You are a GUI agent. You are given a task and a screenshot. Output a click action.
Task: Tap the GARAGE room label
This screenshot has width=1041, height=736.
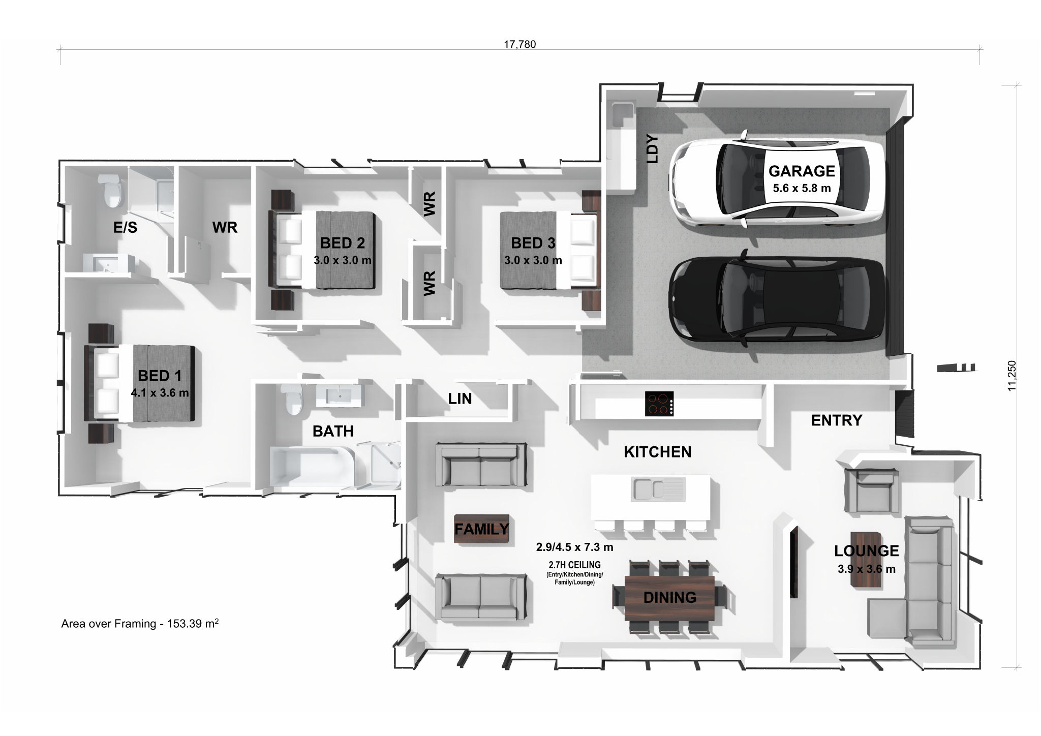coord(802,171)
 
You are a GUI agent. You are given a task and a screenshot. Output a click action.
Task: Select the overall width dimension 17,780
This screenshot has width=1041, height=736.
coord(519,44)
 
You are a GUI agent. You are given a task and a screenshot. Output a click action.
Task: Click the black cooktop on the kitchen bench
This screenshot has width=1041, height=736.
coord(659,404)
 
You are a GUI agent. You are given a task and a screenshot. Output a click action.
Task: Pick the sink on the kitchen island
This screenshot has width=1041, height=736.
coord(658,489)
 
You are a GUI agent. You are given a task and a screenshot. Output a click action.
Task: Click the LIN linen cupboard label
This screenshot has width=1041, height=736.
coord(460,399)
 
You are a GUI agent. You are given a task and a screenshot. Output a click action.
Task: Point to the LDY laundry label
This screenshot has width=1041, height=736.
coord(652,149)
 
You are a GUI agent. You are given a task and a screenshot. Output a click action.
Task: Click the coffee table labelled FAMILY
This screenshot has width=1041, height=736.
coord(481,529)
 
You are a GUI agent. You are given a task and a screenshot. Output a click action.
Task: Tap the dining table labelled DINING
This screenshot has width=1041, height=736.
coord(669,598)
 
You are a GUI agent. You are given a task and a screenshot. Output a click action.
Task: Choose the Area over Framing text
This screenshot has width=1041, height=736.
coord(140,624)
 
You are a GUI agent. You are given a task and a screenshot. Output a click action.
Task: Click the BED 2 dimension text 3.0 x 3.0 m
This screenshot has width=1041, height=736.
coord(343,261)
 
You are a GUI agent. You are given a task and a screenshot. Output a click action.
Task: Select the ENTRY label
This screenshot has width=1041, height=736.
coord(836,420)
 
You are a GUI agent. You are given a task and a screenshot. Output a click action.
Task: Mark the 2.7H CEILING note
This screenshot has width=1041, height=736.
coord(574,565)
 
